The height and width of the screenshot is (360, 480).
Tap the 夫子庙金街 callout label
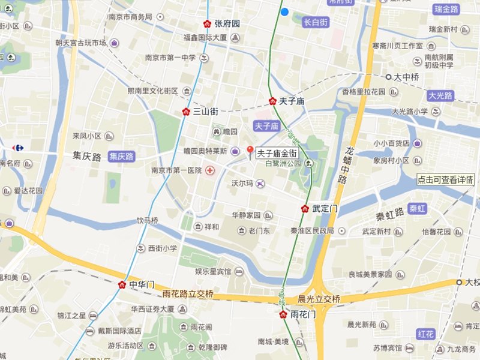[x=277, y=154]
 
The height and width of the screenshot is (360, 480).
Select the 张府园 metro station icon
[x=207, y=24]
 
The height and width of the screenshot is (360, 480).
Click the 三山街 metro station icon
[x=187, y=111]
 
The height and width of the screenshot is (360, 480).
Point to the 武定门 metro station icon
[x=305, y=209]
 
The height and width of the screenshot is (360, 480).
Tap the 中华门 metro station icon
[x=122, y=284]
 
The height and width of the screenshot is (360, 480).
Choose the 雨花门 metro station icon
[x=283, y=314]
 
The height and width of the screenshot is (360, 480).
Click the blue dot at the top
[x=284, y=11]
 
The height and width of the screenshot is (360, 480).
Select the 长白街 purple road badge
[x=315, y=22]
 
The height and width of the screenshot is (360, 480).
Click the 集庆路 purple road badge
[x=121, y=156]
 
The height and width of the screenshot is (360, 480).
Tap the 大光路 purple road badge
[x=441, y=96]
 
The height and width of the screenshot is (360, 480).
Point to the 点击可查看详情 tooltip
[x=446, y=179]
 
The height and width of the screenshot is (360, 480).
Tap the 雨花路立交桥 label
[x=188, y=294]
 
